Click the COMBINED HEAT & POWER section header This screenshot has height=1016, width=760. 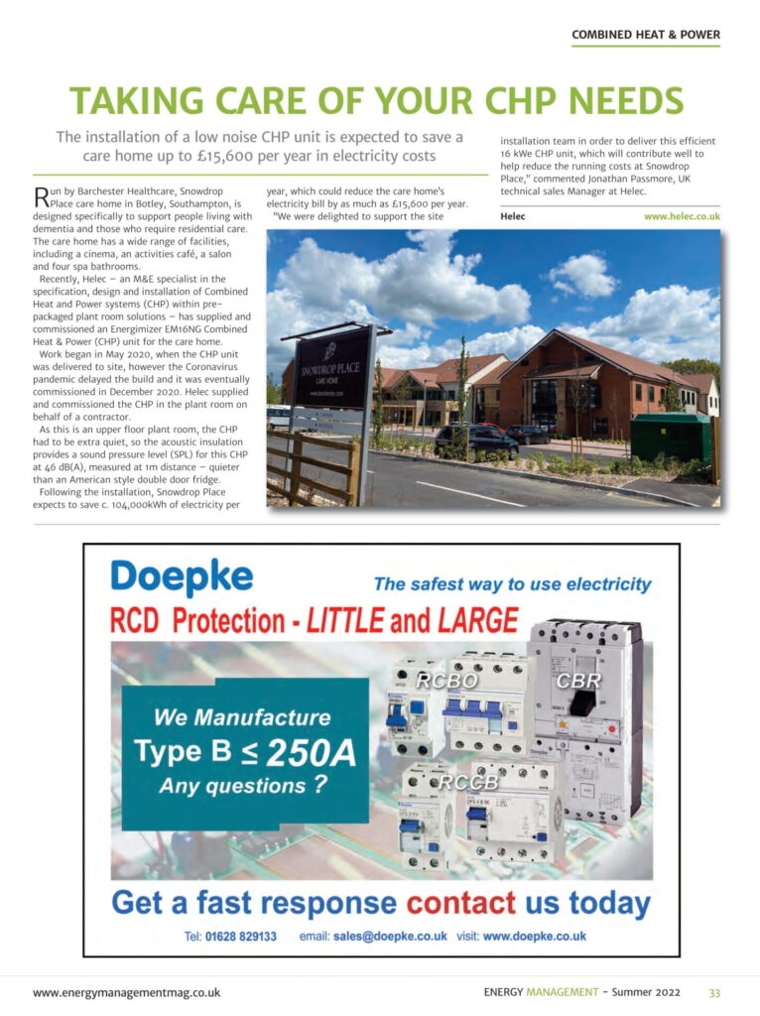646,35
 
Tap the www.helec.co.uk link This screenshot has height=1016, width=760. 682,215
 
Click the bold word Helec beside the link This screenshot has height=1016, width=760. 513,215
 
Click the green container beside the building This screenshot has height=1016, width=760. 671,437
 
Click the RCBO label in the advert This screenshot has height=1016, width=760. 446,682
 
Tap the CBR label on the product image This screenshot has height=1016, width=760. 576,682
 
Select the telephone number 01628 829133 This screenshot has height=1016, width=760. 242,936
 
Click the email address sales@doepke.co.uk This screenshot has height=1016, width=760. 390,936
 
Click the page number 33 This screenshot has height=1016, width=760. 714,992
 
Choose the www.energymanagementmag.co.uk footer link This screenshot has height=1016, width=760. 126,992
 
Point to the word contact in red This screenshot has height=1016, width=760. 461,903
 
